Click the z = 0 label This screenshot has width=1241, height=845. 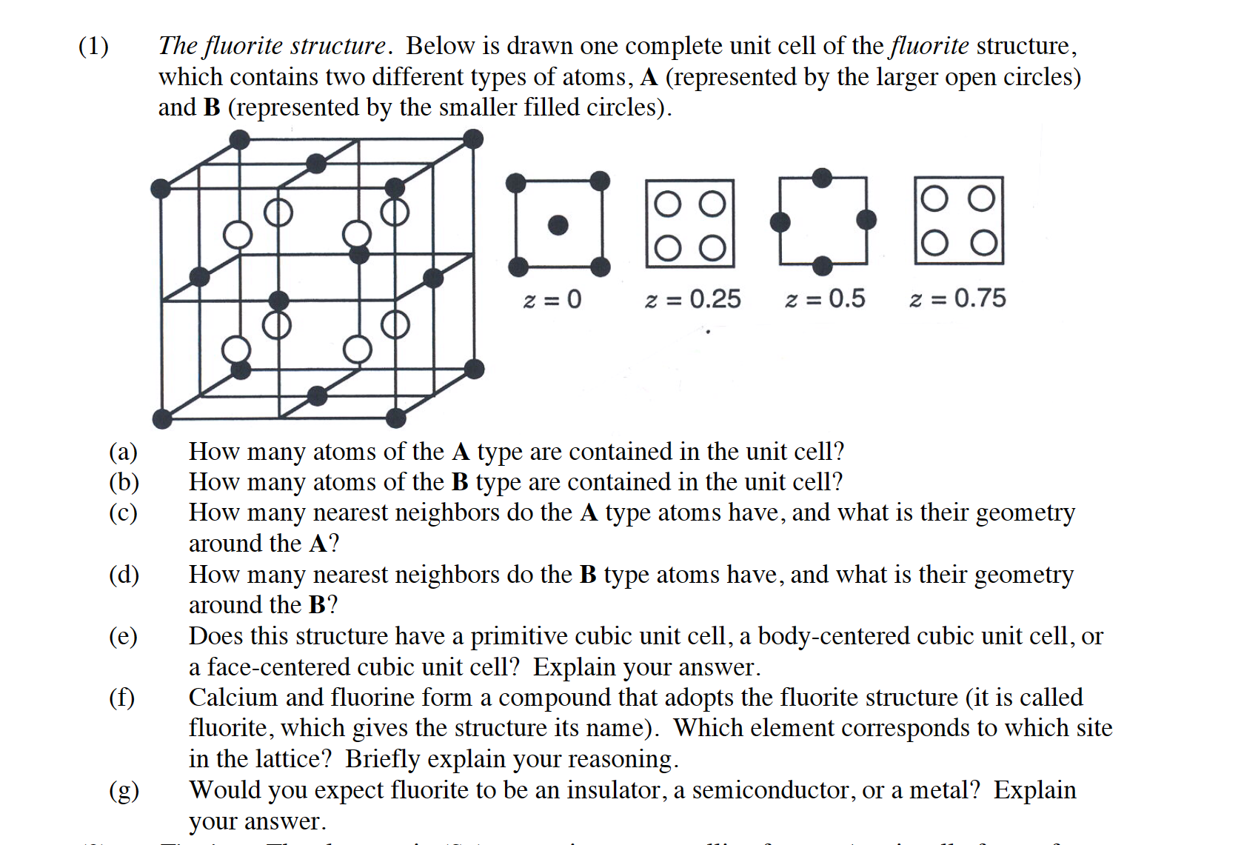[552, 299]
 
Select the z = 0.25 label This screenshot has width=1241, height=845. [692, 299]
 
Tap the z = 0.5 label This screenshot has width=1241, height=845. [825, 298]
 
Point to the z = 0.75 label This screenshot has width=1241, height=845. [957, 298]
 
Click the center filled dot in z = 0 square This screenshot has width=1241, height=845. [558, 225]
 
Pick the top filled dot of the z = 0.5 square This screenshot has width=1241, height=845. [822, 178]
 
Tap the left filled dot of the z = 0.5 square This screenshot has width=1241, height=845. [780, 221]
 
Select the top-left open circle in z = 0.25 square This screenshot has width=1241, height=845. [667, 204]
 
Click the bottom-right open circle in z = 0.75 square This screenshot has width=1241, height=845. [983, 243]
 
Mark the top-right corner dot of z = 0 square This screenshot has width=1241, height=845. [600, 181]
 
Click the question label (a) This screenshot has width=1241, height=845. [123, 452]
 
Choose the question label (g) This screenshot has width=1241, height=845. [124, 791]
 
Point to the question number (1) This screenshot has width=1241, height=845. [93, 46]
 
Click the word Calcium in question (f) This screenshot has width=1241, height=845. [233, 698]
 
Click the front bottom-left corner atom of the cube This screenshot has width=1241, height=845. [162, 419]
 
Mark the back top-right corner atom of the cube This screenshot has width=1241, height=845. [472, 139]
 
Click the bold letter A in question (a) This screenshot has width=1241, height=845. [460, 452]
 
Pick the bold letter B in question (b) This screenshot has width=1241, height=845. [460, 482]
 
